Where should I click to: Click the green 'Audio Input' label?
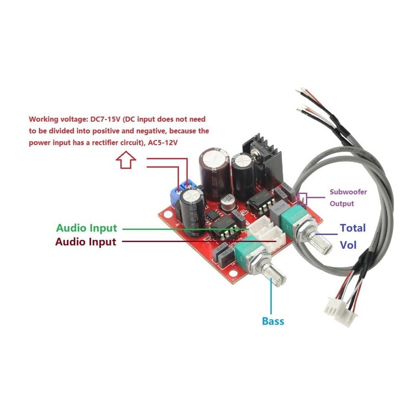click(x=87, y=228)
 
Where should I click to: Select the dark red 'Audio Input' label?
click(x=86, y=241)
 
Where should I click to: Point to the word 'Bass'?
click(x=273, y=320)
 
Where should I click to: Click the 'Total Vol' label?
click(x=353, y=236)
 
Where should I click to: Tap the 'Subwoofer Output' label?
click(x=347, y=198)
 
